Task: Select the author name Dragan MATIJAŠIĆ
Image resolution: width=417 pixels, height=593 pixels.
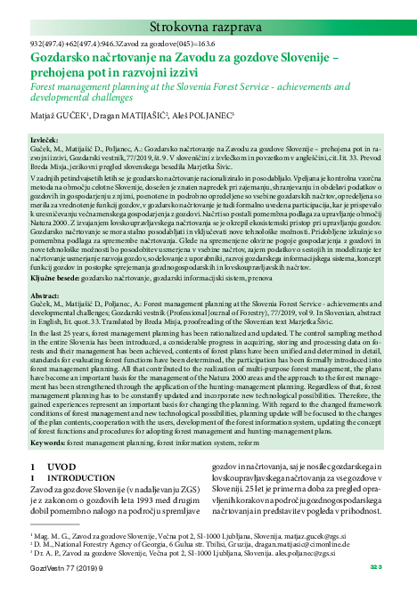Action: click(130, 116)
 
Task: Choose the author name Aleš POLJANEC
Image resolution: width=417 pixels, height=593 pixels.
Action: click(200, 116)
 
